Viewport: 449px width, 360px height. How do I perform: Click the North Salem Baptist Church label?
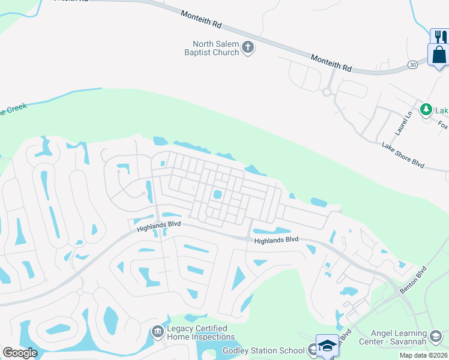(x=215, y=48)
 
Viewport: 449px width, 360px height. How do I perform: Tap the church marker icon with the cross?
(x=248, y=47)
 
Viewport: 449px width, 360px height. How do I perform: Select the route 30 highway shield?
(x=412, y=65)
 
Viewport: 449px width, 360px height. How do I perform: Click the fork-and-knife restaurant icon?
(x=439, y=37)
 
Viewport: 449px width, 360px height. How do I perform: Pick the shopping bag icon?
(x=439, y=55)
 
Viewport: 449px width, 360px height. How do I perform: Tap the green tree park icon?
(x=426, y=109)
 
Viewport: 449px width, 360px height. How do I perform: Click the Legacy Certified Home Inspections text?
(x=197, y=332)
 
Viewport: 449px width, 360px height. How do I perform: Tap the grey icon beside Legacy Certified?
(x=158, y=331)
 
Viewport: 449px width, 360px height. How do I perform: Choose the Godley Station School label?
(x=264, y=350)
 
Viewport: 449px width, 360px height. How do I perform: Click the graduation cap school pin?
(x=327, y=346)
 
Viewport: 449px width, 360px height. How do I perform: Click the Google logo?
(x=20, y=353)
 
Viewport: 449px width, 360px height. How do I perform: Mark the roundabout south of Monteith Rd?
(x=327, y=92)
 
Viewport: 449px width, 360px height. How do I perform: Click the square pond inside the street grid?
(x=217, y=194)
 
